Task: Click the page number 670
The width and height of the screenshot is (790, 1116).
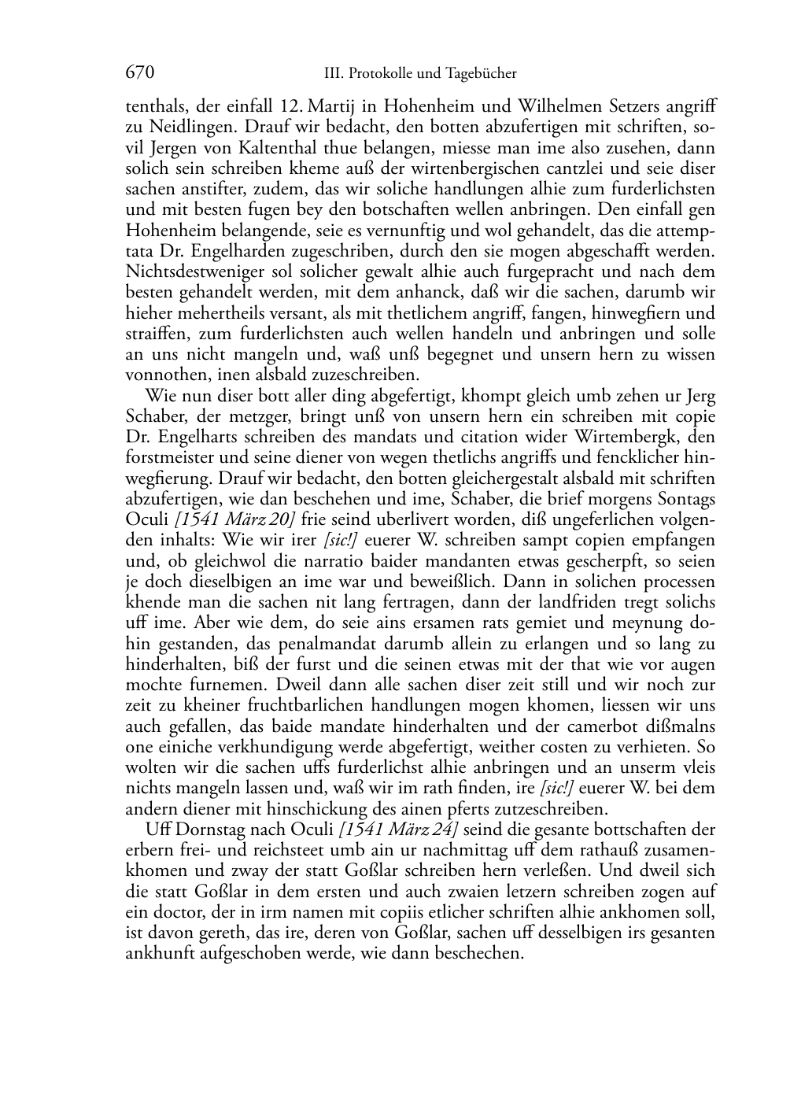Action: click(139, 73)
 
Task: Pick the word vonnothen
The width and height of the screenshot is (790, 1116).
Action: click(162, 375)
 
